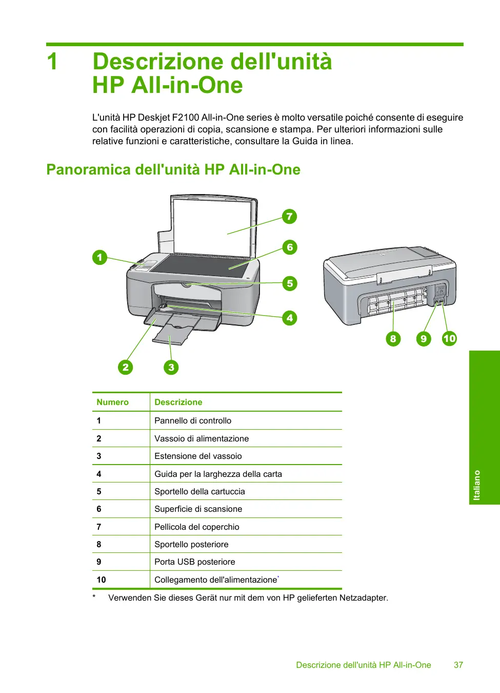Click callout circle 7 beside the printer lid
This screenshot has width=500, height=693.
pyautogui.click(x=290, y=217)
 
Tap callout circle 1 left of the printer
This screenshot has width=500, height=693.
pyautogui.click(x=99, y=257)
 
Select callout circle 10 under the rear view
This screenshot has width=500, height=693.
pyautogui.click(x=449, y=338)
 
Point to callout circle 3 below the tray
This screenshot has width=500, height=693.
pyautogui.click(x=171, y=367)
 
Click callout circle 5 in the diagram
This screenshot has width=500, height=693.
pyautogui.click(x=290, y=283)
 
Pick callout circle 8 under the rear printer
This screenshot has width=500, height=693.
pyautogui.click(x=393, y=338)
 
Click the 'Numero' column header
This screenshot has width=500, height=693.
pyautogui.click(x=112, y=402)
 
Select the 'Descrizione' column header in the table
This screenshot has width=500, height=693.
pyautogui.click(x=178, y=402)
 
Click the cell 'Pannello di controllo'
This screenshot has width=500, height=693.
pyautogui.click(x=193, y=421)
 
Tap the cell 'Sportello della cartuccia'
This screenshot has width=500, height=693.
pyautogui.click(x=199, y=492)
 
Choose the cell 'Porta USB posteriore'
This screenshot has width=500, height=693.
pyautogui.click(x=195, y=562)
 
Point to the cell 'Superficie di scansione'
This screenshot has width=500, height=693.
pyautogui.click(x=198, y=509)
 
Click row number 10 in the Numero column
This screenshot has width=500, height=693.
pyautogui.click(x=101, y=580)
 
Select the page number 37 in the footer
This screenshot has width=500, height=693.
pyautogui.click(x=458, y=665)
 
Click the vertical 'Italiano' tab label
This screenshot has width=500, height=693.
pyautogui.click(x=477, y=485)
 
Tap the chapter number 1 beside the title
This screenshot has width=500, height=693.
pyautogui.click(x=52, y=62)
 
